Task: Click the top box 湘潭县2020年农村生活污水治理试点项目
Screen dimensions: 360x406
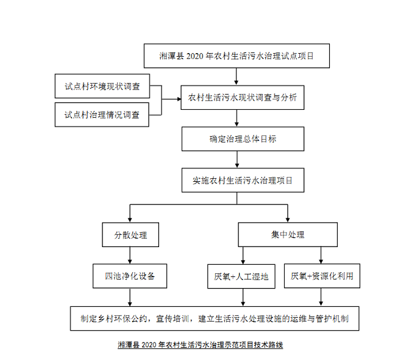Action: (x=236, y=57)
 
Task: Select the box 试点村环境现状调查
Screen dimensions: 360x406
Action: (x=102, y=87)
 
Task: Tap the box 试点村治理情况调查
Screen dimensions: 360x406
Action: (x=102, y=114)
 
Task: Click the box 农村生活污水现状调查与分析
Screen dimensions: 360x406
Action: (x=242, y=98)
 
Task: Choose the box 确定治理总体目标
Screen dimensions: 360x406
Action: (x=242, y=139)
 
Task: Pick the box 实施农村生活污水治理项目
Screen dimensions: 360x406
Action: (x=242, y=181)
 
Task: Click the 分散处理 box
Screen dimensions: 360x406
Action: (x=130, y=234)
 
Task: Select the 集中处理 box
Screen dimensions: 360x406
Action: (x=287, y=234)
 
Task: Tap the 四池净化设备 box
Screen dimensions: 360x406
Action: (x=130, y=276)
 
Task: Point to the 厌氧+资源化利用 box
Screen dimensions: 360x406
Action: (x=321, y=276)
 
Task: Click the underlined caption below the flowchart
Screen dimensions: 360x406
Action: (x=201, y=345)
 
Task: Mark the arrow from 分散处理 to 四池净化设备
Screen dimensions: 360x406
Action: (x=129, y=255)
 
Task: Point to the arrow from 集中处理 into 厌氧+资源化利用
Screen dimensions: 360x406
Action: (x=321, y=255)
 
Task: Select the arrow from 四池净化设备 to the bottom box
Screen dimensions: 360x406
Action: (x=129, y=297)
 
